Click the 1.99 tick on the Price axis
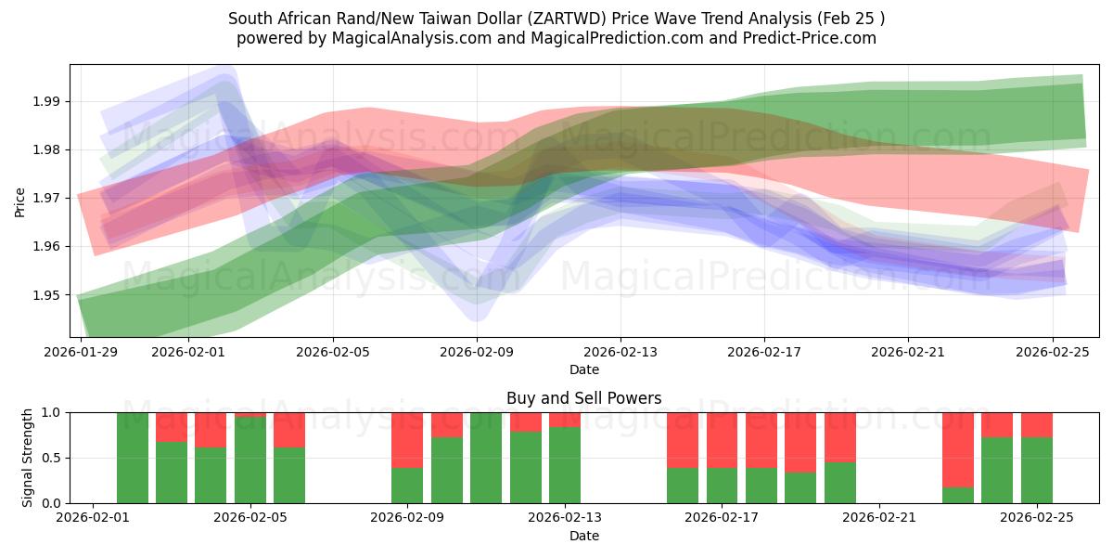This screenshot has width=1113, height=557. tap(47, 101)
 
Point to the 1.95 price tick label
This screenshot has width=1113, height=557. tap(47, 295)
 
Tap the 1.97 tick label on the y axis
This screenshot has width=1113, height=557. tap(47, 198)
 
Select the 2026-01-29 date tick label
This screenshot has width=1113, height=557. tap(82, 352)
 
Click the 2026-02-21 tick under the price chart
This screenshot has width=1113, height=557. tap(908, 352)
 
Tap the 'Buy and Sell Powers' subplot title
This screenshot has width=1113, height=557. tap(584, 398)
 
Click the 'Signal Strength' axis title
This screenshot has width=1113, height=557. tap(28, 458)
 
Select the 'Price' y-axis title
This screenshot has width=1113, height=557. tap(20, 201)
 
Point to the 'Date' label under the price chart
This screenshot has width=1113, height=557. tap(584, 369)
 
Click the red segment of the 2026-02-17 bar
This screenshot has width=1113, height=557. tap(723, 439)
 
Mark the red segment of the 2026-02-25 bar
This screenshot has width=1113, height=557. tap(1037, 424)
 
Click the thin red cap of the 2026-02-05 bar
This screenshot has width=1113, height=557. tap(250, 414)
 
